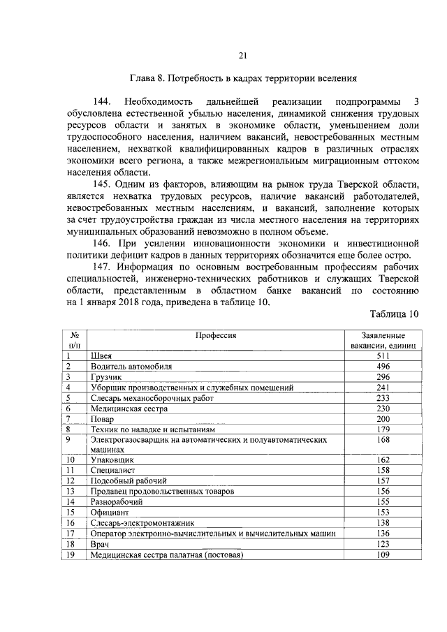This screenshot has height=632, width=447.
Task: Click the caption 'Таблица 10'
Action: pyautogui.click(x=395, y=314)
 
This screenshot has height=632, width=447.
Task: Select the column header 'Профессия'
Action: pyautogui.click(x=216, y=335)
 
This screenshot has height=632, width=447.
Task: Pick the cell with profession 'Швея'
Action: pyautogui.click(x=102, y=355)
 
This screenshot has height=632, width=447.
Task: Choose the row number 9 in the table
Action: pyautogui.click(x=68, y=439)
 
